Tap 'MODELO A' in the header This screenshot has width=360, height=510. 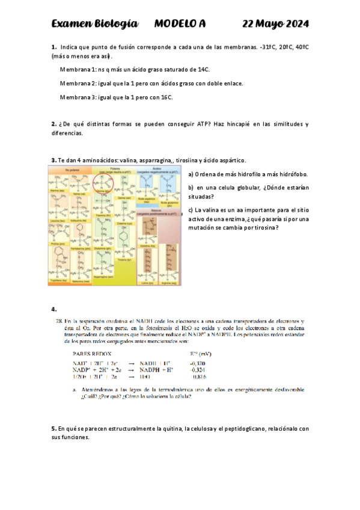[x=180, y=24]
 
